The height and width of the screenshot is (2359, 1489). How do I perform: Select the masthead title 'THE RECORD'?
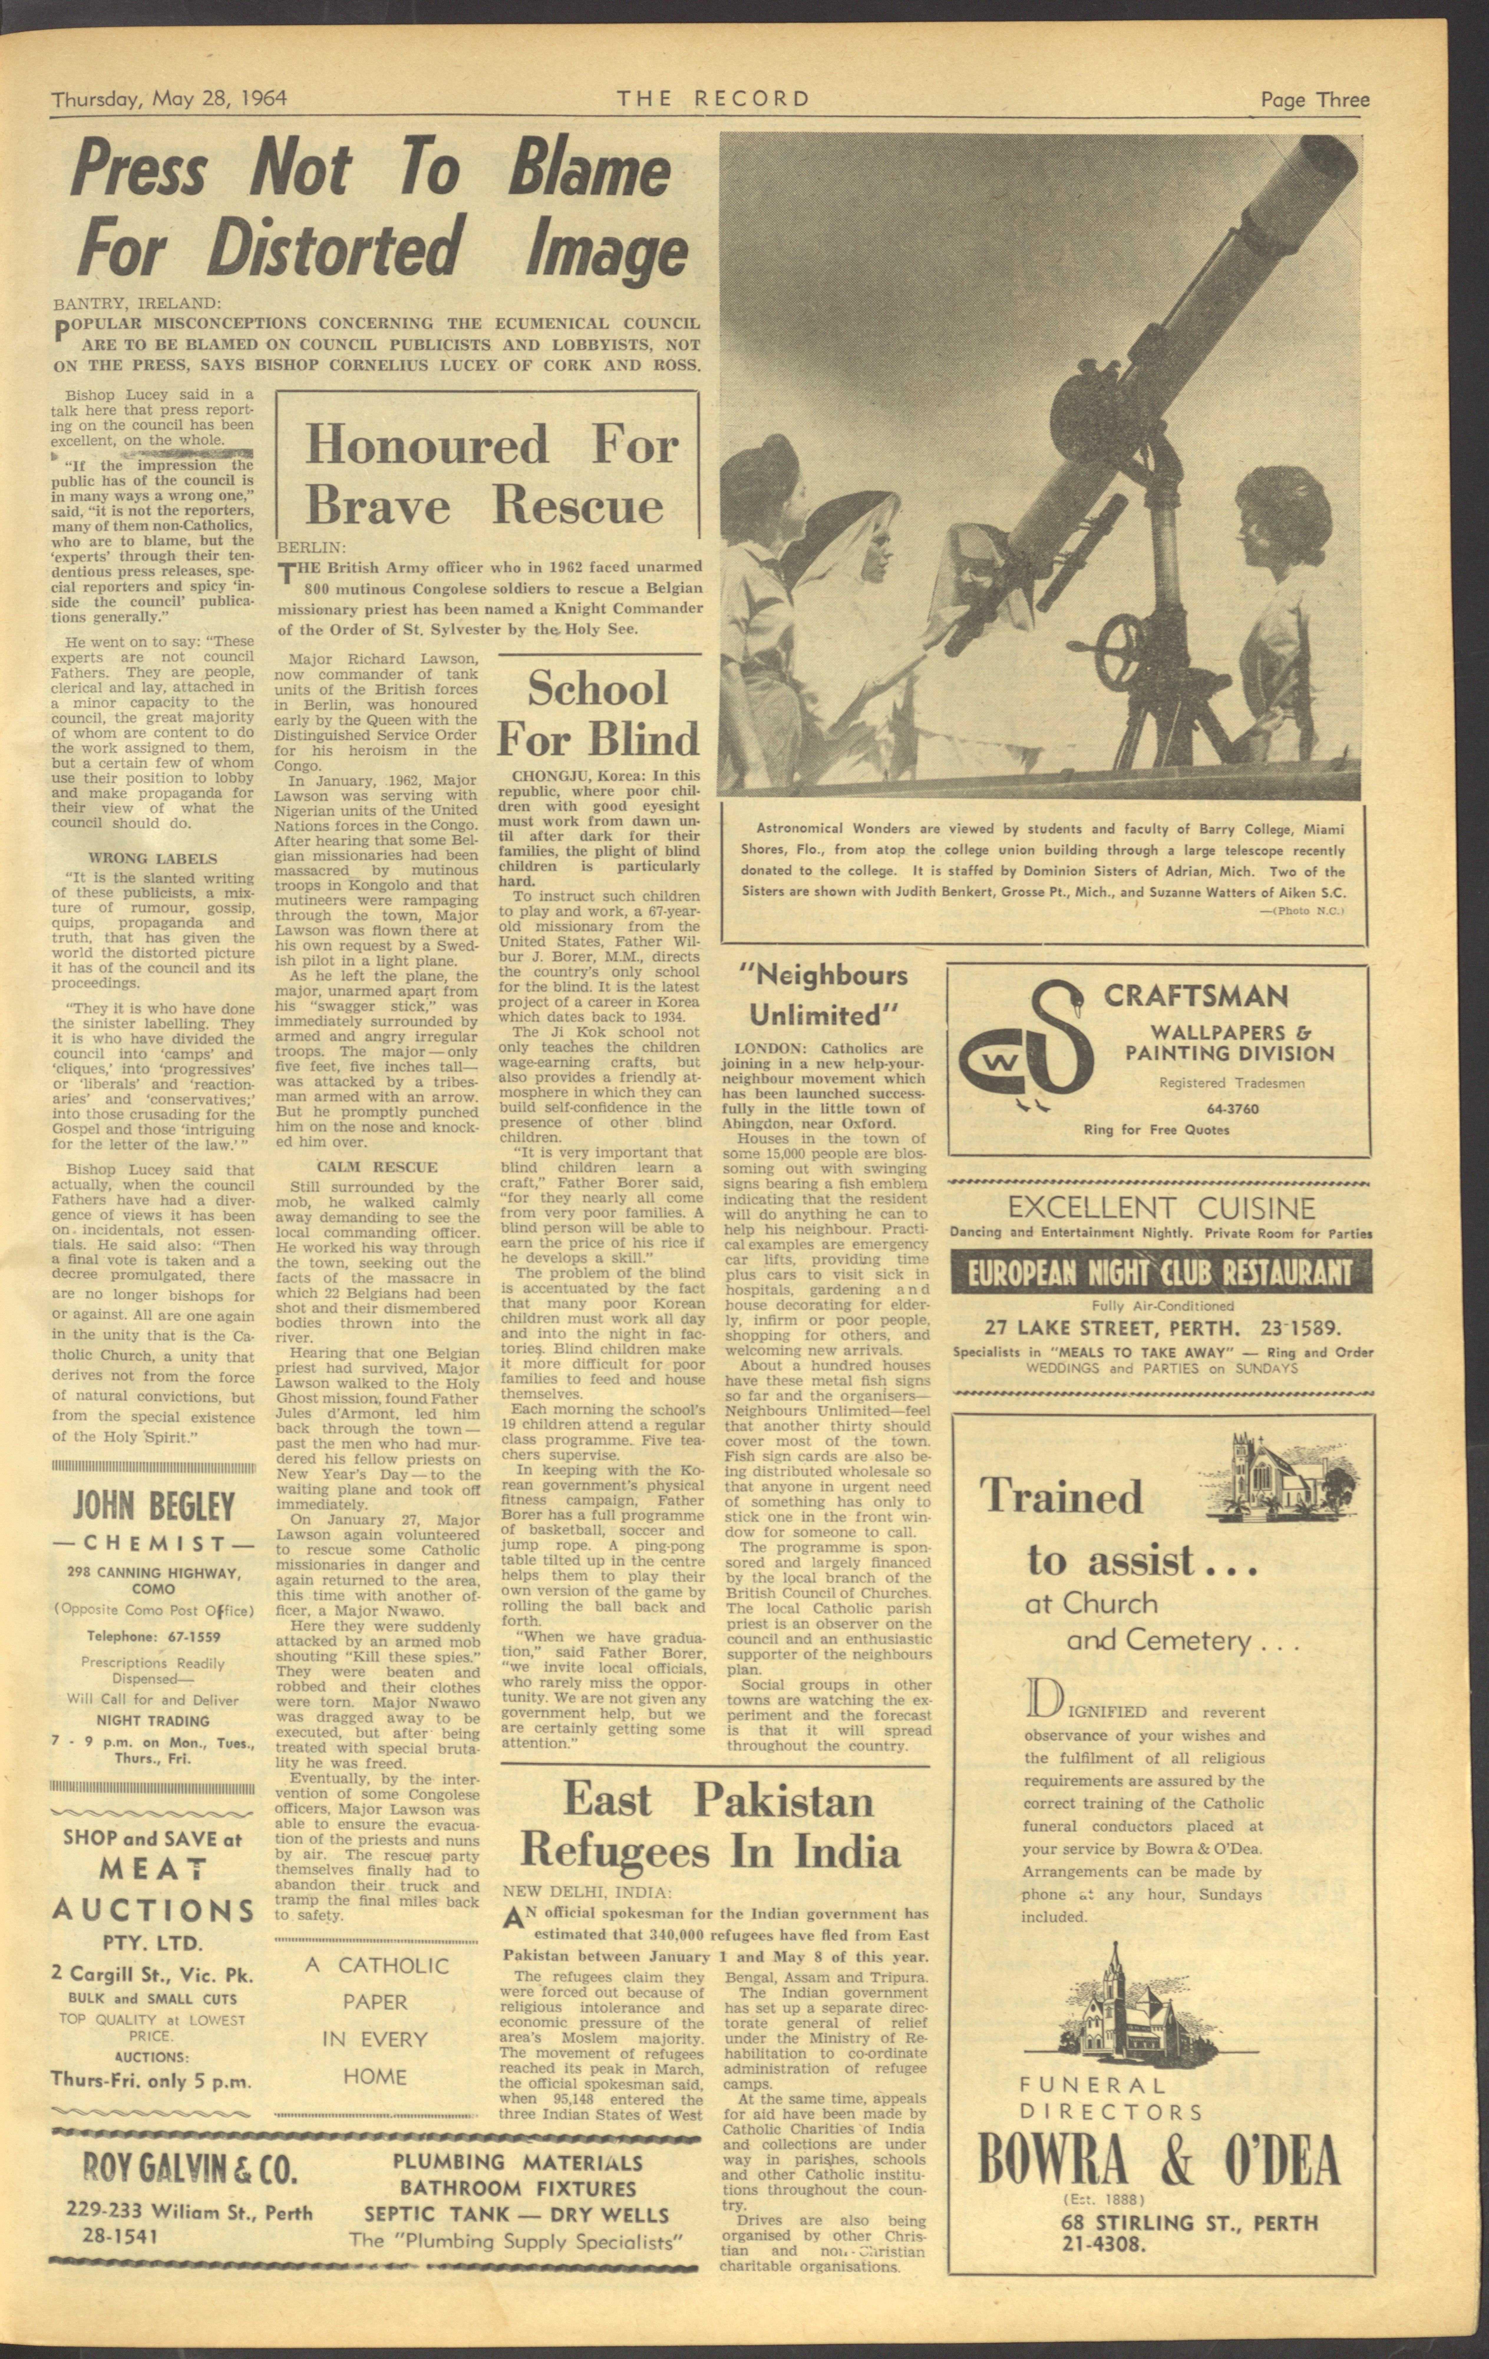click(713, 99)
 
